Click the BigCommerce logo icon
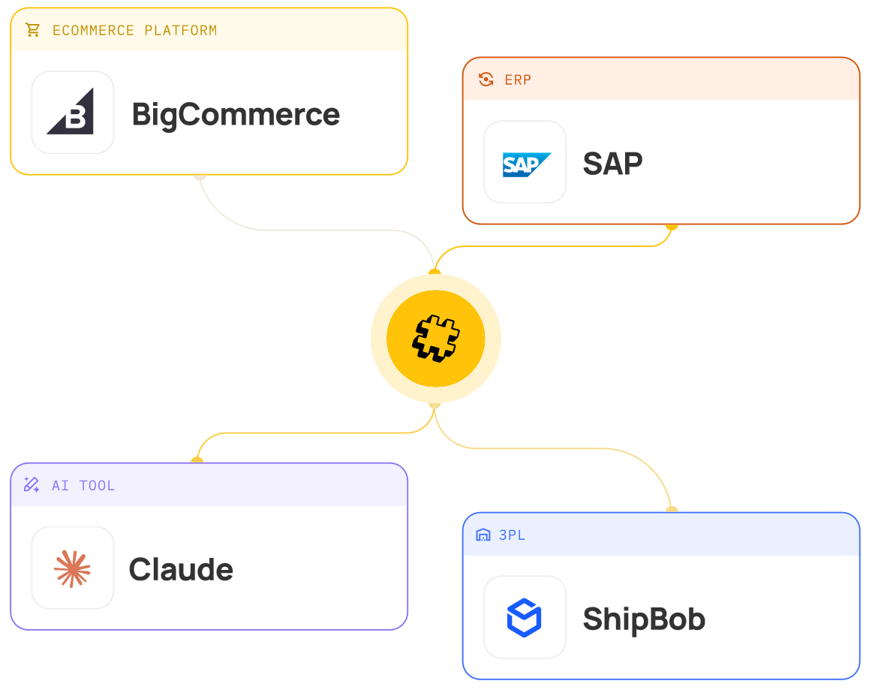tap(71, 111)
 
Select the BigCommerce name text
tap(236, 116)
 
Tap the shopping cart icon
tap(33, 30)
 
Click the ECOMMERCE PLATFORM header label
tap(134, 31)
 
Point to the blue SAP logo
tap(526, 164)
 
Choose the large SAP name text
tap(612, 164)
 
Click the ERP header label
tap(518, 80)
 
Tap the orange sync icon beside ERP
tap(486, 80)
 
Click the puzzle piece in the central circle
tap(435, 339)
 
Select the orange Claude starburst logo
tap(72, 568)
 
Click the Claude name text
tap(181, 570)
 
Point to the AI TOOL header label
tap(83, 486)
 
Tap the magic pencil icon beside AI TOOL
tap(32, 485)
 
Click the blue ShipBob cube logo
tap(525, 617)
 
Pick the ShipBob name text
tap(644, 619)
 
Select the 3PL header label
tap(512, 535)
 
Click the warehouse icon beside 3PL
tap(483, 535)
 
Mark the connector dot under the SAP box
tap(672, 226)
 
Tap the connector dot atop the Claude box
tap(197, 459)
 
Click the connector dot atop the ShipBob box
tap(672, 509)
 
